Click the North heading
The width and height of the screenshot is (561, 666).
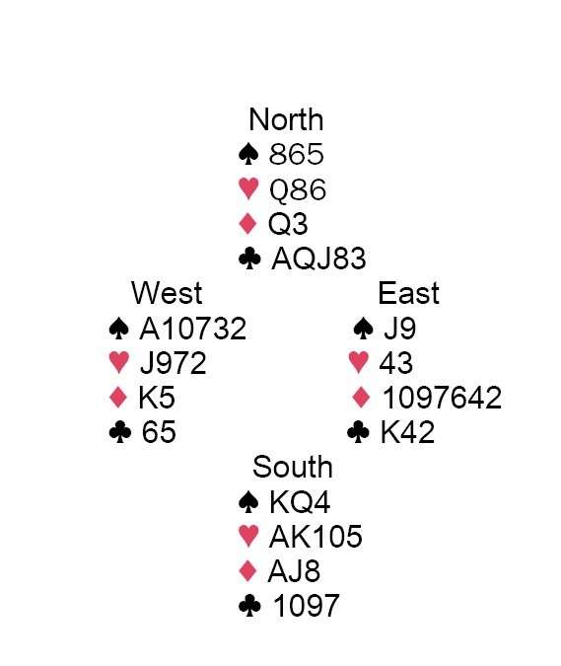(286, 119)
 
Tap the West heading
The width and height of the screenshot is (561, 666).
(167, 293)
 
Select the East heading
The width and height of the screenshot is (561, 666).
(408, 293)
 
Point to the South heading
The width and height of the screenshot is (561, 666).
(293, 467)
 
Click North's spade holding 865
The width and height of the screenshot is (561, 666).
(296, 154)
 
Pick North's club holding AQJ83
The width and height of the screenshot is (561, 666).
(318, 259)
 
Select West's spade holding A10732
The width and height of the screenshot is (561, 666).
(192, 329)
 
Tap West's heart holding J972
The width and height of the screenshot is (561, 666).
(174, 363)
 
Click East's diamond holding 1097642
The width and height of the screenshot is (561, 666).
(442, 398)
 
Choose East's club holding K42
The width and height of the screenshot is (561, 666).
(407, 432)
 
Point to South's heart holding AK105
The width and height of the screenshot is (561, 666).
(316, 537)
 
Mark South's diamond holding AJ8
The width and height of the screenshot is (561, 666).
(294, 571)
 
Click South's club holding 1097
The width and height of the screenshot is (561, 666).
(307, 606)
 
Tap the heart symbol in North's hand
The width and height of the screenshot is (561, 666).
(248, 188)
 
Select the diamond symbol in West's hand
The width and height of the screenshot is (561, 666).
(118, 398)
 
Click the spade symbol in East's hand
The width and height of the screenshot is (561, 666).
(363, 329)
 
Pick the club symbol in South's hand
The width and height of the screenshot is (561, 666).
(249, 605)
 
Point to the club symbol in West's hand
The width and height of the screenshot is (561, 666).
(119, 432)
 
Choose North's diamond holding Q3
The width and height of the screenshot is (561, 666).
(288, 224)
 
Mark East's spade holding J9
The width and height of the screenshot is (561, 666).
(399, 329)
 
